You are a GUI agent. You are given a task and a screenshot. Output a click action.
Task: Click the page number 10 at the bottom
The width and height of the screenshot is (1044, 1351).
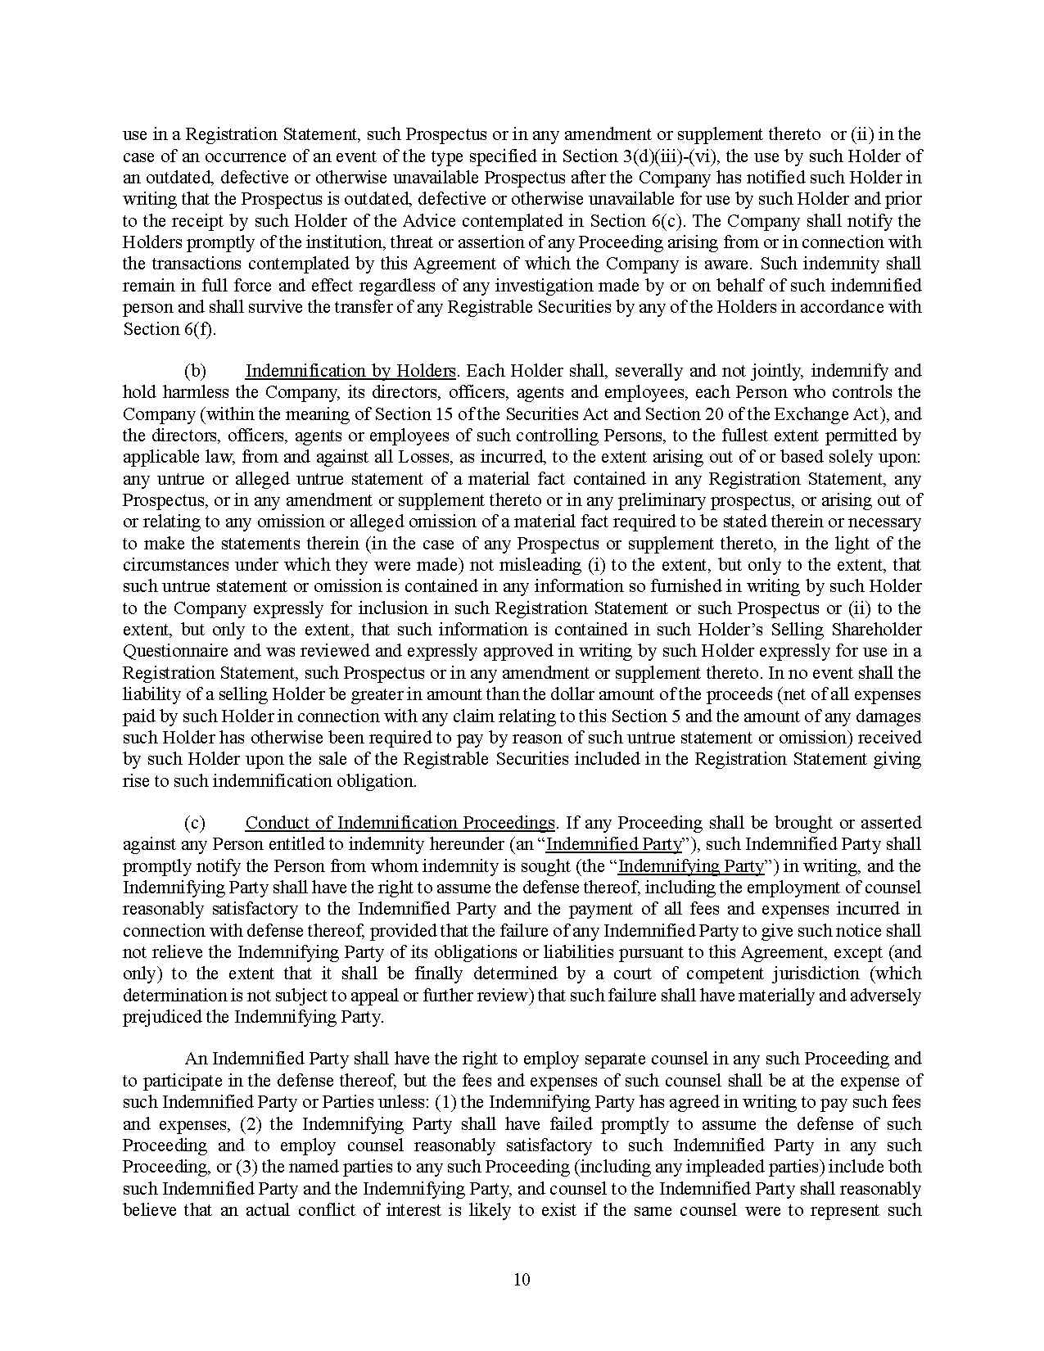pos(522,1280)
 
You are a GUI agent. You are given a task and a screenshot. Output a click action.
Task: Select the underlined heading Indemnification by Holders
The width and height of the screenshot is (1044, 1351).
pos(350,371)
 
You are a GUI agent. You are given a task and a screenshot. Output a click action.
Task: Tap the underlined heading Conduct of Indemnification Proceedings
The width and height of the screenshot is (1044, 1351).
pos(400,823)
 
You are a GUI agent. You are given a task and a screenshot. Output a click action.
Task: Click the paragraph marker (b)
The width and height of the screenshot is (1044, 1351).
pos(195,371)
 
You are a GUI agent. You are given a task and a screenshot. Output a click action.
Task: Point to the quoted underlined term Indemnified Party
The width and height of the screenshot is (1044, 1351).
pos(614,844)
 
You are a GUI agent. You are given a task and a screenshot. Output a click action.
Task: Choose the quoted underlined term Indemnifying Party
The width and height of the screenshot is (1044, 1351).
pos(691,866)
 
